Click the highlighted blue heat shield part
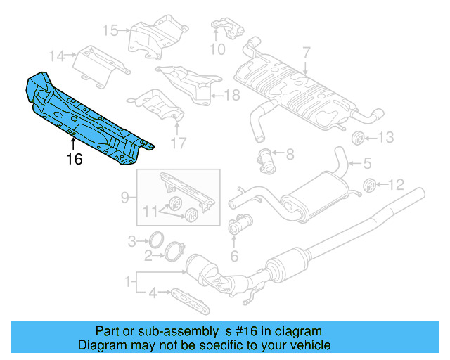(x=84, y=116)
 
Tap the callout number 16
(x=74, y=160)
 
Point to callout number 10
(x=217, y=49)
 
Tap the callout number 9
(x=124, y=199)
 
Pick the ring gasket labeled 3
(x=157, y=241)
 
